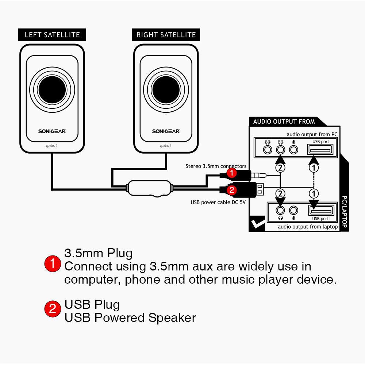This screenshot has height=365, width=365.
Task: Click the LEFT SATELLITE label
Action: pos(52,35)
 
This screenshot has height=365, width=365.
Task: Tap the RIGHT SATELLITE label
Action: pos(166,35)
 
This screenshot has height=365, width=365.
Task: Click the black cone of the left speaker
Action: pos(52,91)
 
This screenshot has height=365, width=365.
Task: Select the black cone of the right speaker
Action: pos(166,91)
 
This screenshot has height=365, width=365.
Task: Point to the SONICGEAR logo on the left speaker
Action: pos(52,131)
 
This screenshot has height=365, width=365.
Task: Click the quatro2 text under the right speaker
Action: pos(166,146)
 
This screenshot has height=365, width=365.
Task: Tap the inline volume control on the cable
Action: pos(150,189)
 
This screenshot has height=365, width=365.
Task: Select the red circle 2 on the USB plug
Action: pos(231,190)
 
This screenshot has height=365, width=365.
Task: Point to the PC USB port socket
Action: pos(320,149)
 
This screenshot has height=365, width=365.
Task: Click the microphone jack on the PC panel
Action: pos(293,149)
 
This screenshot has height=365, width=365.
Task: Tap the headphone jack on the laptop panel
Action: pos(280,211)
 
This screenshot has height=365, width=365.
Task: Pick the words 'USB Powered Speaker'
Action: pos(130,318)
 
